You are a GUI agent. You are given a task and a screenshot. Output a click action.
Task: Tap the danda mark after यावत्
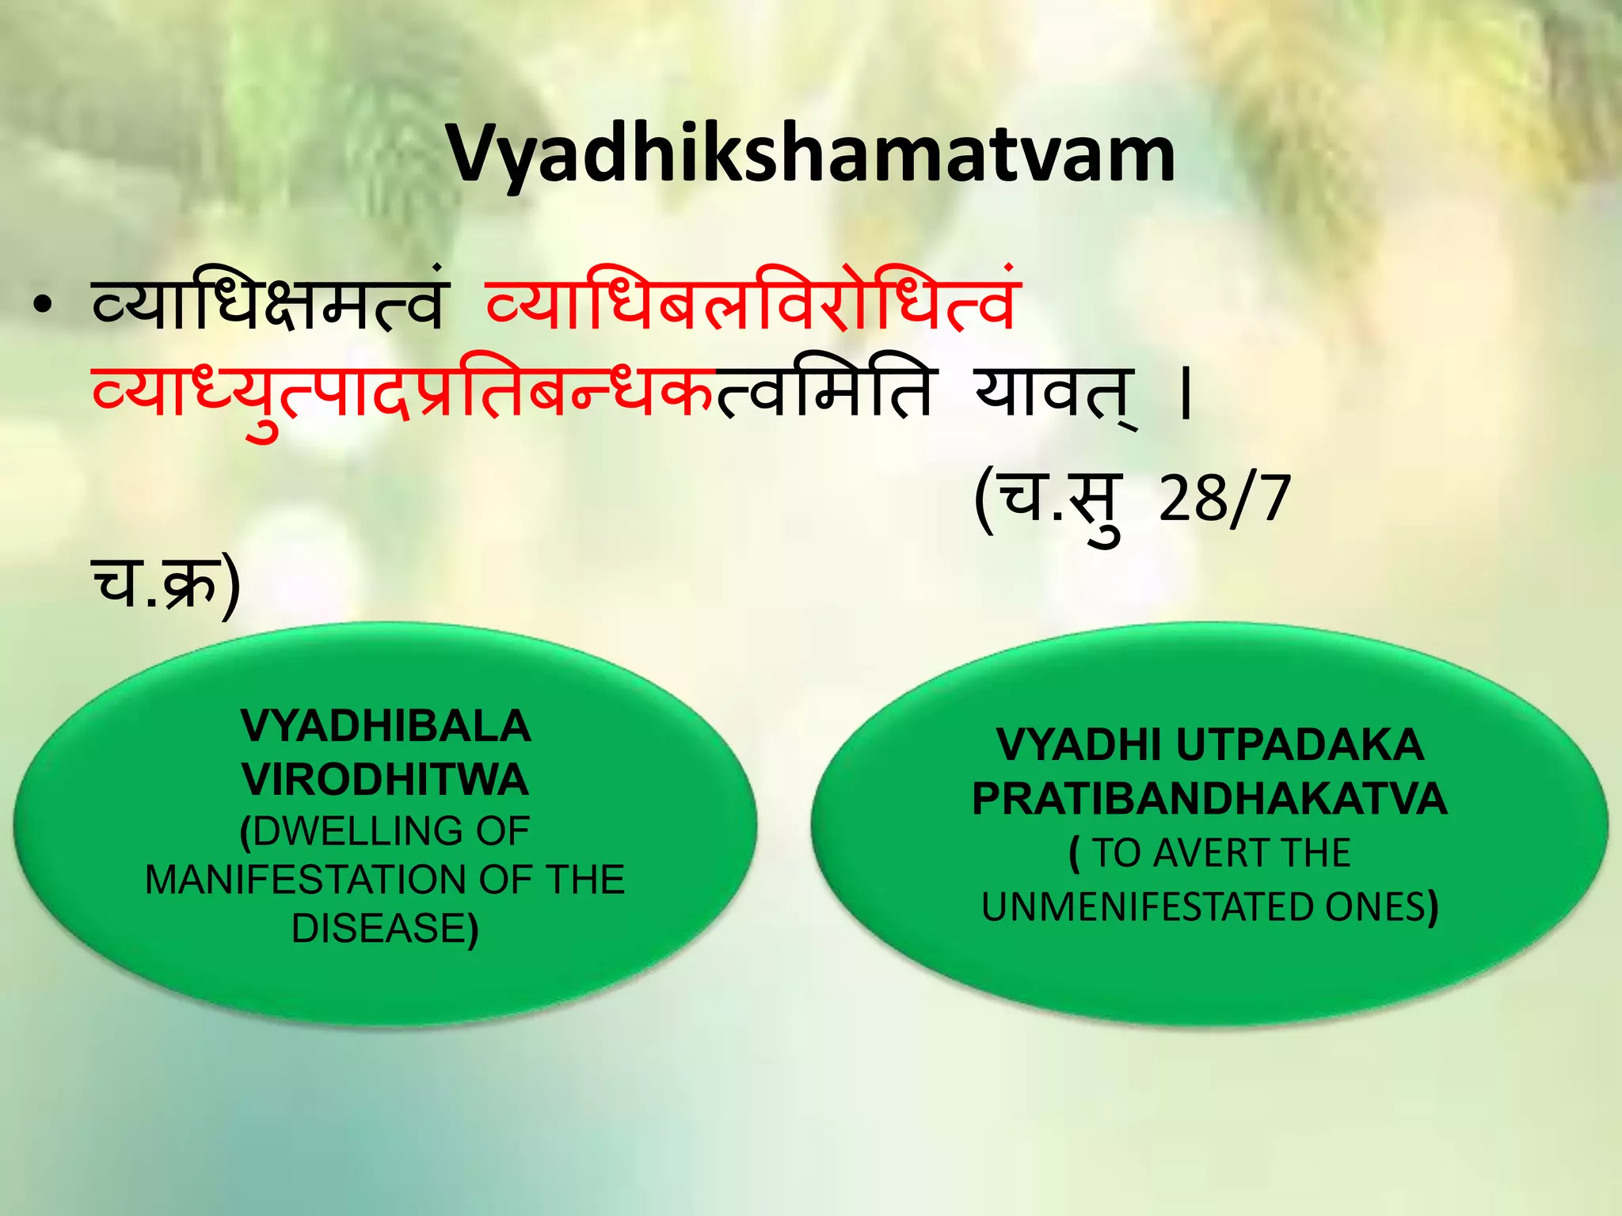1185,396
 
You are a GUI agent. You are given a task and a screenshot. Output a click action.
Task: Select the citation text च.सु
1049,503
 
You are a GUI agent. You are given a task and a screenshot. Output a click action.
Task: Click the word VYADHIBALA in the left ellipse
386,726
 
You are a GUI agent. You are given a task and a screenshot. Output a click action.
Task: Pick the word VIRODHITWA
386,779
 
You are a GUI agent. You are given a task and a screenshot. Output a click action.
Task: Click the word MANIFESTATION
305,880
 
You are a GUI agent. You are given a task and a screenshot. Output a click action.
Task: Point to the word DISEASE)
386,929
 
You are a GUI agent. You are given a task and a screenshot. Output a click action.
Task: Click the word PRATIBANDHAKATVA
1209,799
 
